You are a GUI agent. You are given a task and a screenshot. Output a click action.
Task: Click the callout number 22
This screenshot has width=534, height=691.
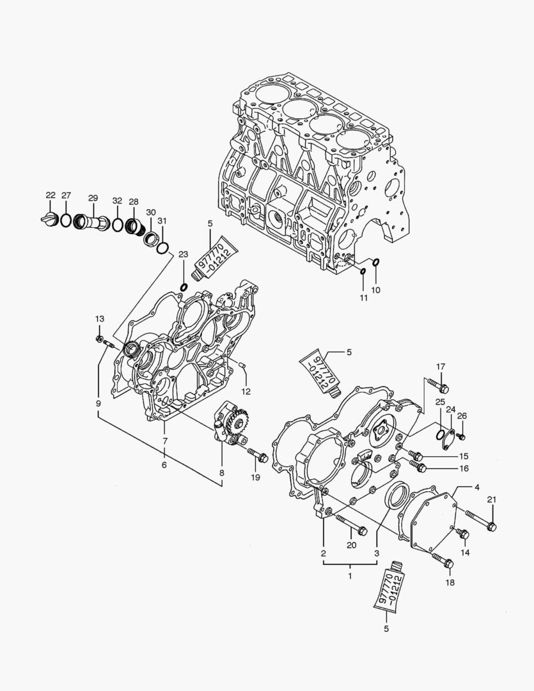[x=51, y=195]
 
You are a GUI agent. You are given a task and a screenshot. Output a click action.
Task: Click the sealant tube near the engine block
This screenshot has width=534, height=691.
[x=216, y=257]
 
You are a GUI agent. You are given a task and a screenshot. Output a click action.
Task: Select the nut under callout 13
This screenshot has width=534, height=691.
[x=99, y=338]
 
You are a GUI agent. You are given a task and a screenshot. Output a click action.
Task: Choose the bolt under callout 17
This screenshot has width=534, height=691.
[x=439, y=386]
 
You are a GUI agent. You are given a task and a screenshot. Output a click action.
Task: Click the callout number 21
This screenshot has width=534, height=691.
[x=491, y=500]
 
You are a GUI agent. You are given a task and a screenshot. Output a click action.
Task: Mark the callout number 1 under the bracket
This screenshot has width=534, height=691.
[x=350, y=576]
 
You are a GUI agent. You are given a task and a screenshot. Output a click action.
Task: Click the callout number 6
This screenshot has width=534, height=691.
[x=164, y=465]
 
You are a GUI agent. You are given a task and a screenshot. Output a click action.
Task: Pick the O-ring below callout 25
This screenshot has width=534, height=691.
[x=441, y=434]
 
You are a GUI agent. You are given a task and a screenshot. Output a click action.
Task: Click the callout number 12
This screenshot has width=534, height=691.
[x=246, y=391]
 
